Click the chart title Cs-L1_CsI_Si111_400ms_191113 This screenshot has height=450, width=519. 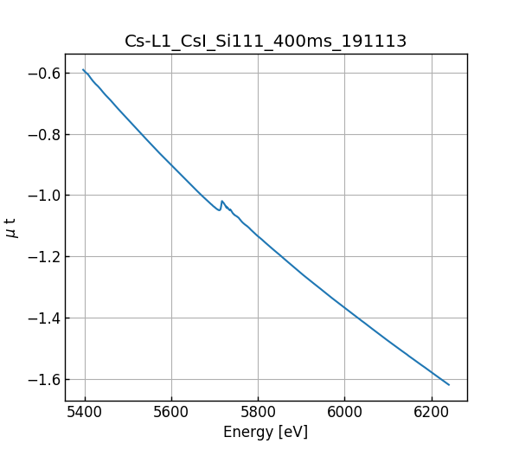(266, 42)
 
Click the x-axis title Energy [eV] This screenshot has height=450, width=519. (266, 432)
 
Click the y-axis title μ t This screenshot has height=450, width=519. (11, 228)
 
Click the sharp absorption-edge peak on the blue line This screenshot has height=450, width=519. (222, 201)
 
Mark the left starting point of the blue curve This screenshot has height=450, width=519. (83, 70)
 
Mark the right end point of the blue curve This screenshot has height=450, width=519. (449, 384)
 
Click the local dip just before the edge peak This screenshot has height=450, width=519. (219, 210)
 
